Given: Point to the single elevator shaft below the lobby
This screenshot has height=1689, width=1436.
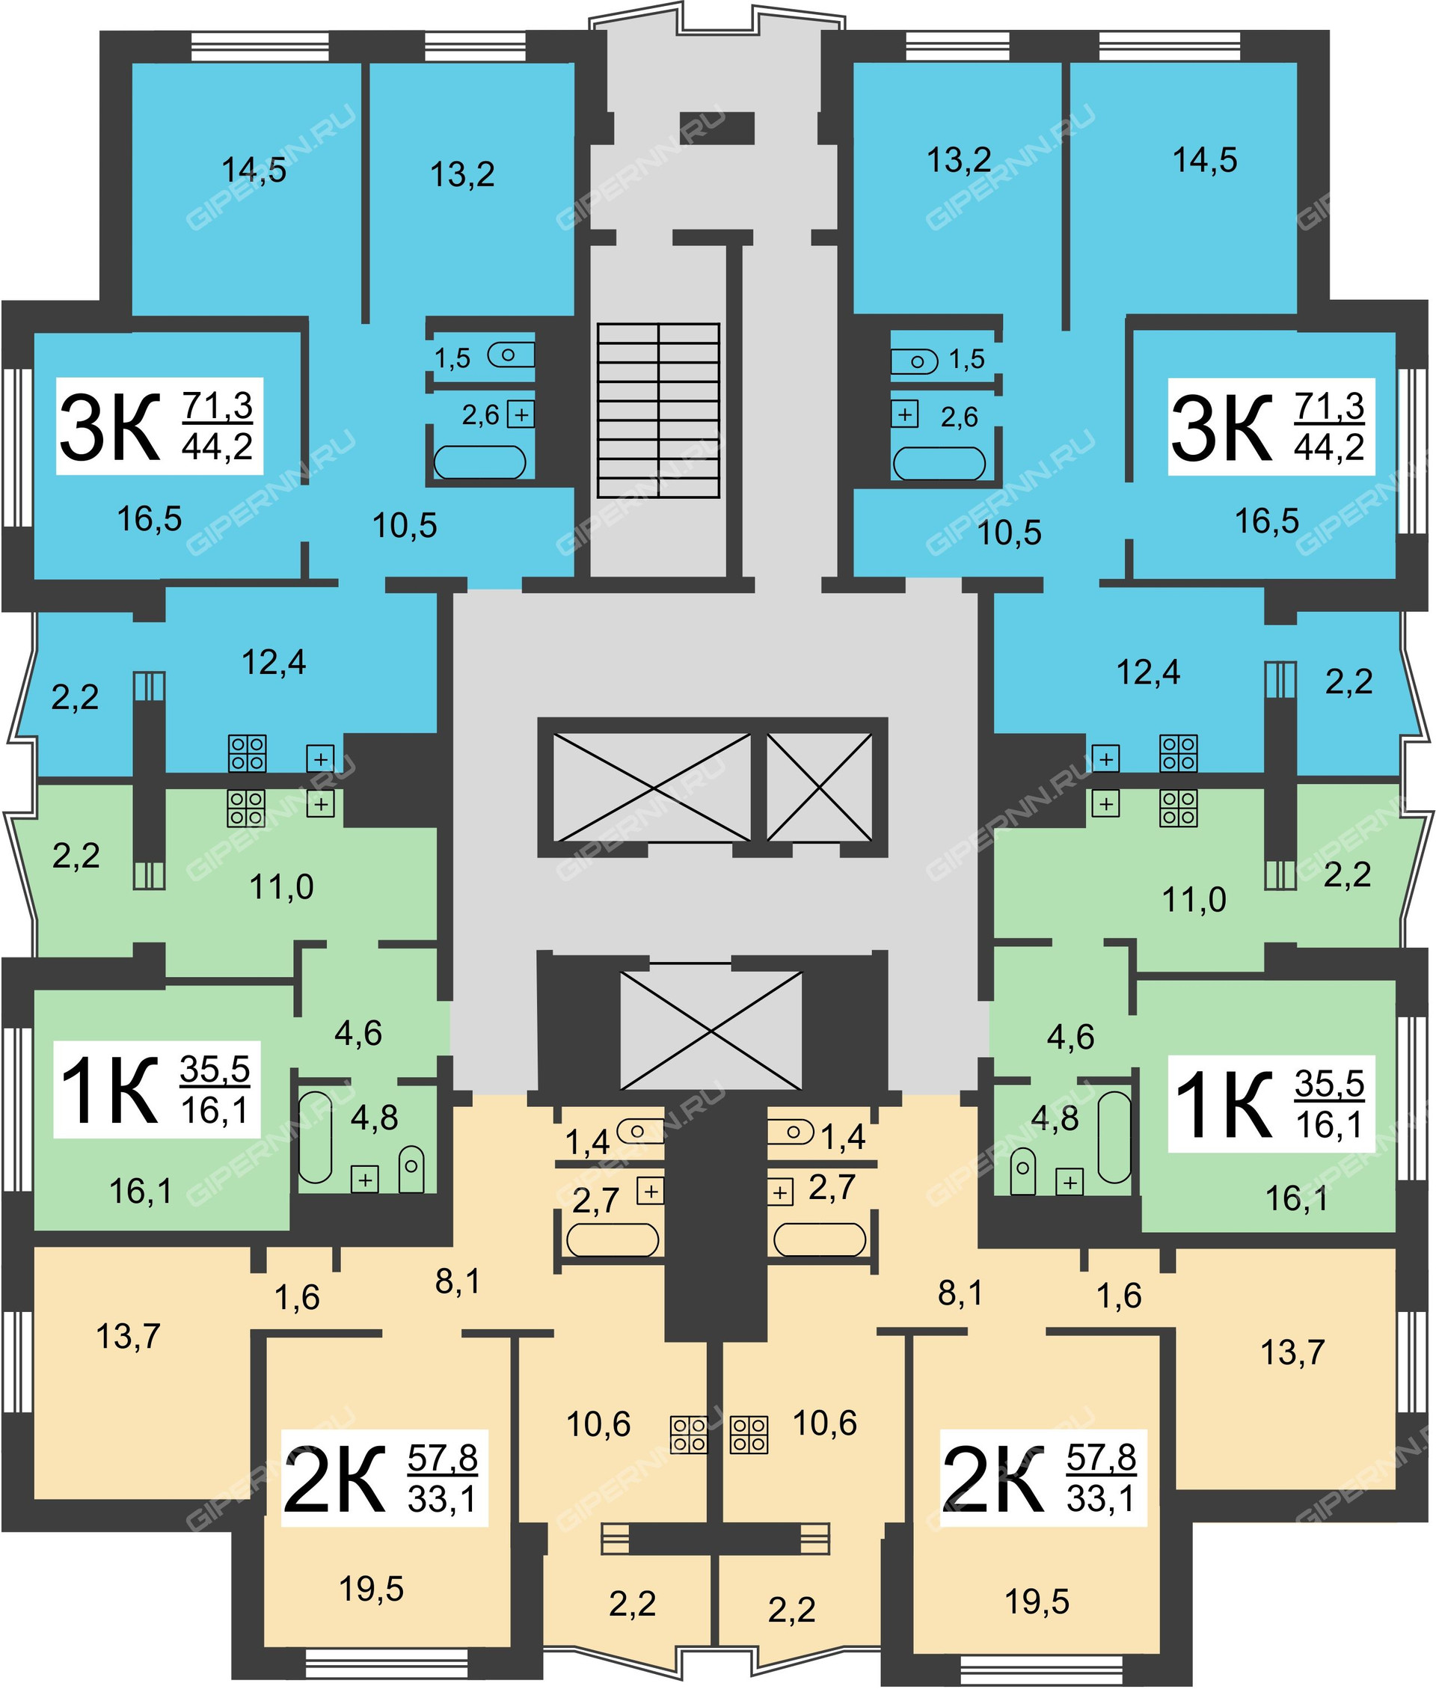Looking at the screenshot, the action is [x=711, y=1031].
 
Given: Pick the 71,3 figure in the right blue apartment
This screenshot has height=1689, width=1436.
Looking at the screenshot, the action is [x=1328, y=406].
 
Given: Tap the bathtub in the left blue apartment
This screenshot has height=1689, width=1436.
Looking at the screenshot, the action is [x=479, y=462].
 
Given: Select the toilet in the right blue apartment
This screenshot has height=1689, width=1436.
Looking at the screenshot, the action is [x=913, y=361].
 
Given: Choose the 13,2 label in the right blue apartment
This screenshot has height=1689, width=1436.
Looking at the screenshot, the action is [x=959, y=160].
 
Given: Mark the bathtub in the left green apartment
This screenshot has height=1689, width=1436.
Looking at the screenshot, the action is [x=316, y=1137].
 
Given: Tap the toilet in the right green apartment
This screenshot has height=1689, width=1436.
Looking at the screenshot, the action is [x=1022, y=1172].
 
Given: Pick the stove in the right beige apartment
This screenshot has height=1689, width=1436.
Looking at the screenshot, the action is [x=749, y=1434].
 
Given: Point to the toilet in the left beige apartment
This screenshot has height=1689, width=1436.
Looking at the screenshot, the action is [x=640, y=1130].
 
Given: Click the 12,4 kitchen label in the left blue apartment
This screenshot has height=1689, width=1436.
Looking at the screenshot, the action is [x=274, y=662].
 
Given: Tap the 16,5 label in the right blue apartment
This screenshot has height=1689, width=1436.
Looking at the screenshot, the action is [x=1267, y=521].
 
